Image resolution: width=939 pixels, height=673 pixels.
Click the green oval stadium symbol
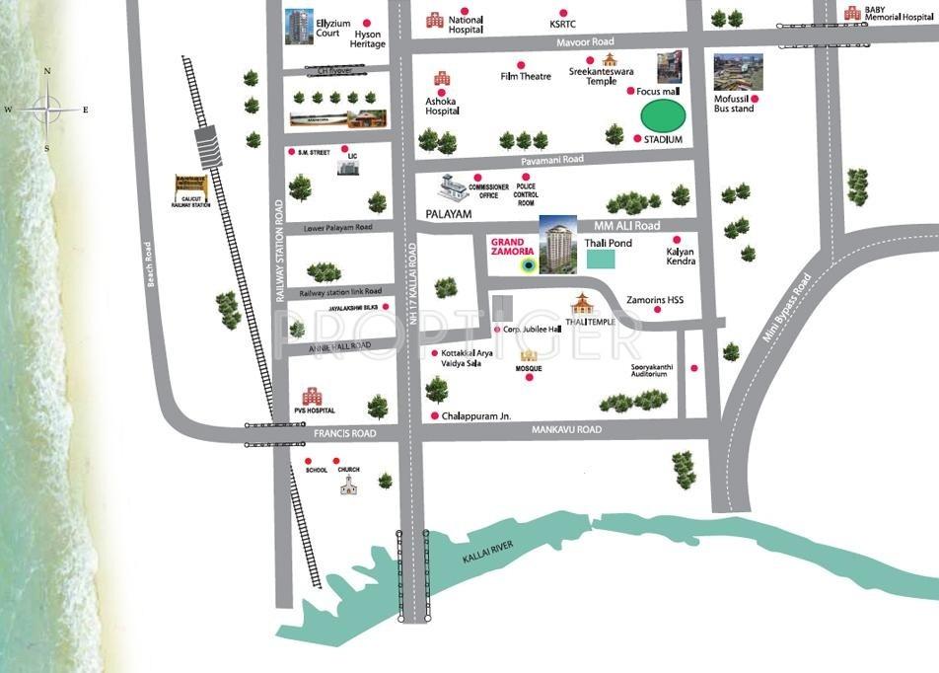[x=663, y=115]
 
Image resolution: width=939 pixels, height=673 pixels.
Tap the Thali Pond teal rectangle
[x=600, y=259]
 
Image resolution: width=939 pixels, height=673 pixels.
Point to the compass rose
[x=46, y=109]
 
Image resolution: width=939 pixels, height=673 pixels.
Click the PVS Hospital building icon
[x=312, y=397]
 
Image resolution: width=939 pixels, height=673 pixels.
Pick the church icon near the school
[x=348, y=484]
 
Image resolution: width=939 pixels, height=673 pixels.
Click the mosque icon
[x=529, y=354]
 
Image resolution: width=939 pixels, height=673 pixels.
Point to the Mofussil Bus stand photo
[x=738, y=72]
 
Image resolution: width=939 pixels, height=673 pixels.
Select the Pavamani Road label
[x=552, y=159]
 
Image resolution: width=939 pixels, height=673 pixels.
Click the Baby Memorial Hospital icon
[x=851, y=13]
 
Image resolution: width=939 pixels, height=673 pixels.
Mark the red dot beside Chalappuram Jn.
[x=433, y=416]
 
